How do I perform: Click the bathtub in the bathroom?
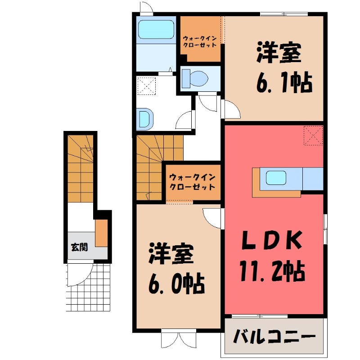coord(156,30)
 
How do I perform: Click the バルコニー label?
coord(274,337)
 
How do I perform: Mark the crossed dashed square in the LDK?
coord(313,136)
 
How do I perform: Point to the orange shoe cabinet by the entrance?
coord(102,233)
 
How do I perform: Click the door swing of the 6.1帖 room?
coord(231,110)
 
